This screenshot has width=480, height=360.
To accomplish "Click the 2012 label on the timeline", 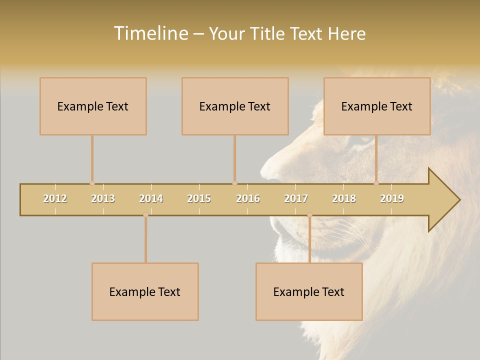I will click(x=55, y=198).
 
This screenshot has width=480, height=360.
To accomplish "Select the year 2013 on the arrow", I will click(x=103, y=198).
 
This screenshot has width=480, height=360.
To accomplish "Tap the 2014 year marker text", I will click(x=151, y=198).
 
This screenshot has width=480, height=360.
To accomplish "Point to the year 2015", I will click(x=199, y=198).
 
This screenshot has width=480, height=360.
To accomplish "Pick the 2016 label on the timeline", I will click(x=248, y=198).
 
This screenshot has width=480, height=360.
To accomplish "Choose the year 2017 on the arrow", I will click(x=296, y=198).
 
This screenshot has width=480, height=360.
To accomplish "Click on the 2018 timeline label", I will click(x=344, y=198).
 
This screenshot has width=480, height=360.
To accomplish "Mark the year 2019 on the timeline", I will click(x=392, y=198).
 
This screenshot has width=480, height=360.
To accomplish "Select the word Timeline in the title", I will click(x=150, y=33).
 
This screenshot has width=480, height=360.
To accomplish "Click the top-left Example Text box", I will click(x=93, y=106).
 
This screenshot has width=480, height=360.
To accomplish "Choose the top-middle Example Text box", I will click(x=235, y=106).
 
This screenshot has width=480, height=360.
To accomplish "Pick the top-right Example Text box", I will click(x=377, y=106).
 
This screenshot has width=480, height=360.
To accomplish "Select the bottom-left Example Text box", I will click(x=145, y=291).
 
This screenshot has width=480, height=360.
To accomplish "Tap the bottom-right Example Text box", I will click(x=309, y=291).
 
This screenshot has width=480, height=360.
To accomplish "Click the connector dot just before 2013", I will click(x=92, y=183).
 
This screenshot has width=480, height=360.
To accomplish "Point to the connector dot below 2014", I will click(x=145, y=215).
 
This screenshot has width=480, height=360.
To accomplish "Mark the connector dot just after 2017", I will click(x=309, y=215).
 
